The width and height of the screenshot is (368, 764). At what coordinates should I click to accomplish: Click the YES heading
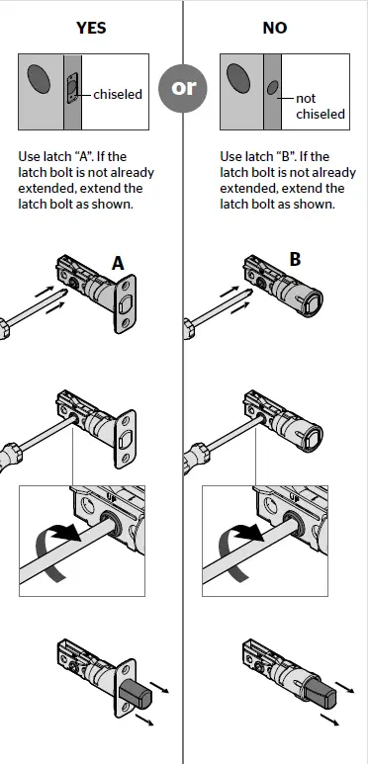point(91,28)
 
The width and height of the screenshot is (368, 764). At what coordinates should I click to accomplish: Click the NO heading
point(274,28)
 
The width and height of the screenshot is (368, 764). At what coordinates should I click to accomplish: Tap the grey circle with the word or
point(184,88)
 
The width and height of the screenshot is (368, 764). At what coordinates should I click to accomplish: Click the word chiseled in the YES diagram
point(119,95)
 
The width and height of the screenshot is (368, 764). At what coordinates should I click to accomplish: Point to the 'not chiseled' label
point(320,106)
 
